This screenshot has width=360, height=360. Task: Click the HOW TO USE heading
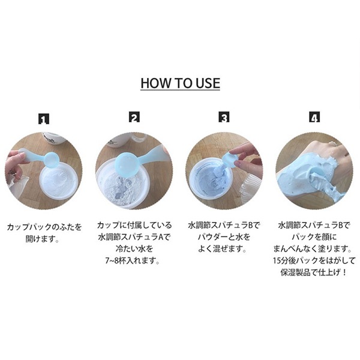[x=180, y=83]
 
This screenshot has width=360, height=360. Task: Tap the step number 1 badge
[x=44, y=119]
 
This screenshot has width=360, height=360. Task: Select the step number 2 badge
[x=134, y=118]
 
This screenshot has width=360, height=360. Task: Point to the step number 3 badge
[x=224, y=117]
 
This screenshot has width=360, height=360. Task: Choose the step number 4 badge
[x=314, y=117]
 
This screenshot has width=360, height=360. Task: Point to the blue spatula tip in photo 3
[x=229, y=159]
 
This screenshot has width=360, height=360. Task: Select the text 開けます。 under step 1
[x=42, y=239]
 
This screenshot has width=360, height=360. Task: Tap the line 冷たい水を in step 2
[x=134, y=249]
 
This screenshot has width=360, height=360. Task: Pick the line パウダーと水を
[x=224, y=237]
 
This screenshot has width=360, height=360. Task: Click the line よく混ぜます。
[x=222, y=249]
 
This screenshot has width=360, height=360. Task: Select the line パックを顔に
[x=314, y=237]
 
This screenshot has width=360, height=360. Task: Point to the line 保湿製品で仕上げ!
[x=313, y=273]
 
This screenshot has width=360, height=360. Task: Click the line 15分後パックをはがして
[x=314, y=261]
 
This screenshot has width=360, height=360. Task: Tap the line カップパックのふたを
[x=44, y=227]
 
